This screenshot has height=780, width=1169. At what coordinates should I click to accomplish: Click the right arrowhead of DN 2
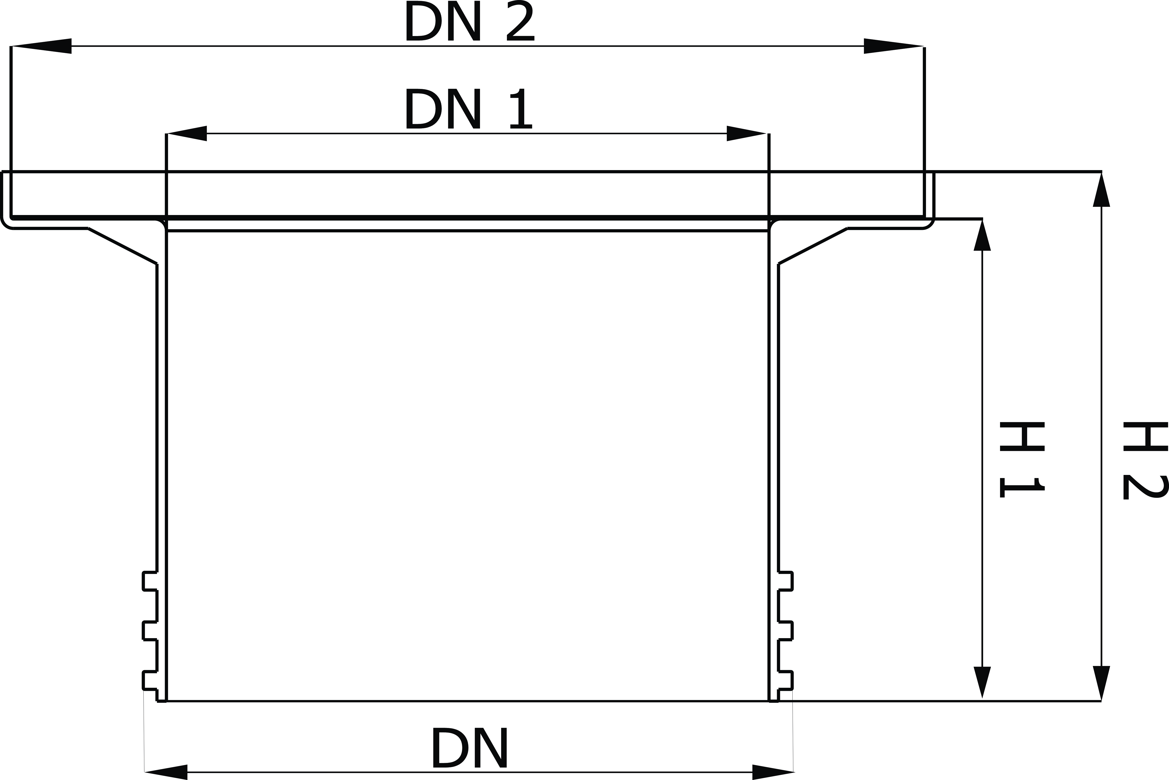[x=894, y=46]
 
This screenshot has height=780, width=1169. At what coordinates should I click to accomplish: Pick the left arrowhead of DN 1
[x=187, y=133]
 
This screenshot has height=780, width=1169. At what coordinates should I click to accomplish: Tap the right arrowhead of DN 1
[x=746, y=133]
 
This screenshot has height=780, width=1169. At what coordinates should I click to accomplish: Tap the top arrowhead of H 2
[x=1101, y=189]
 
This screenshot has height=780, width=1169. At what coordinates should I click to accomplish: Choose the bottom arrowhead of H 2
[x=1101, y=683]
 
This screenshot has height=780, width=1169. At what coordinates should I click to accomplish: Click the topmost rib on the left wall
[x=150, y=581]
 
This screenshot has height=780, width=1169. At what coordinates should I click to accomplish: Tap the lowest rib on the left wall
[x=150, y=681]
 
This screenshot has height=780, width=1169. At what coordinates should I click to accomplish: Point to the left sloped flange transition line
[x=122, y=246]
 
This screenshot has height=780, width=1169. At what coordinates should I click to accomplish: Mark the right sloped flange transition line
[x=813, y=246]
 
